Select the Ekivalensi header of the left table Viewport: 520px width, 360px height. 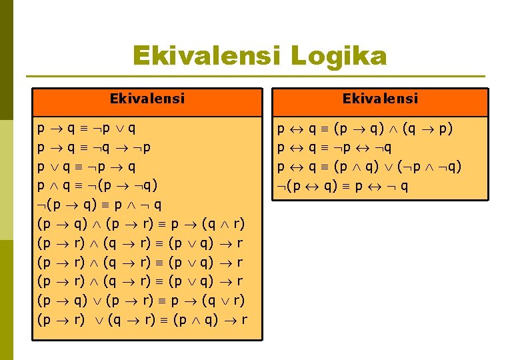pos(147,99)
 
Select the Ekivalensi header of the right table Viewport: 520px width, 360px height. pos(380,99)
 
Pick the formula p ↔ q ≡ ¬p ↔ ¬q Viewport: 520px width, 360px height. pos(335,147)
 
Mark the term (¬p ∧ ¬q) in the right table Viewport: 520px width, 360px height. pos(429,166)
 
